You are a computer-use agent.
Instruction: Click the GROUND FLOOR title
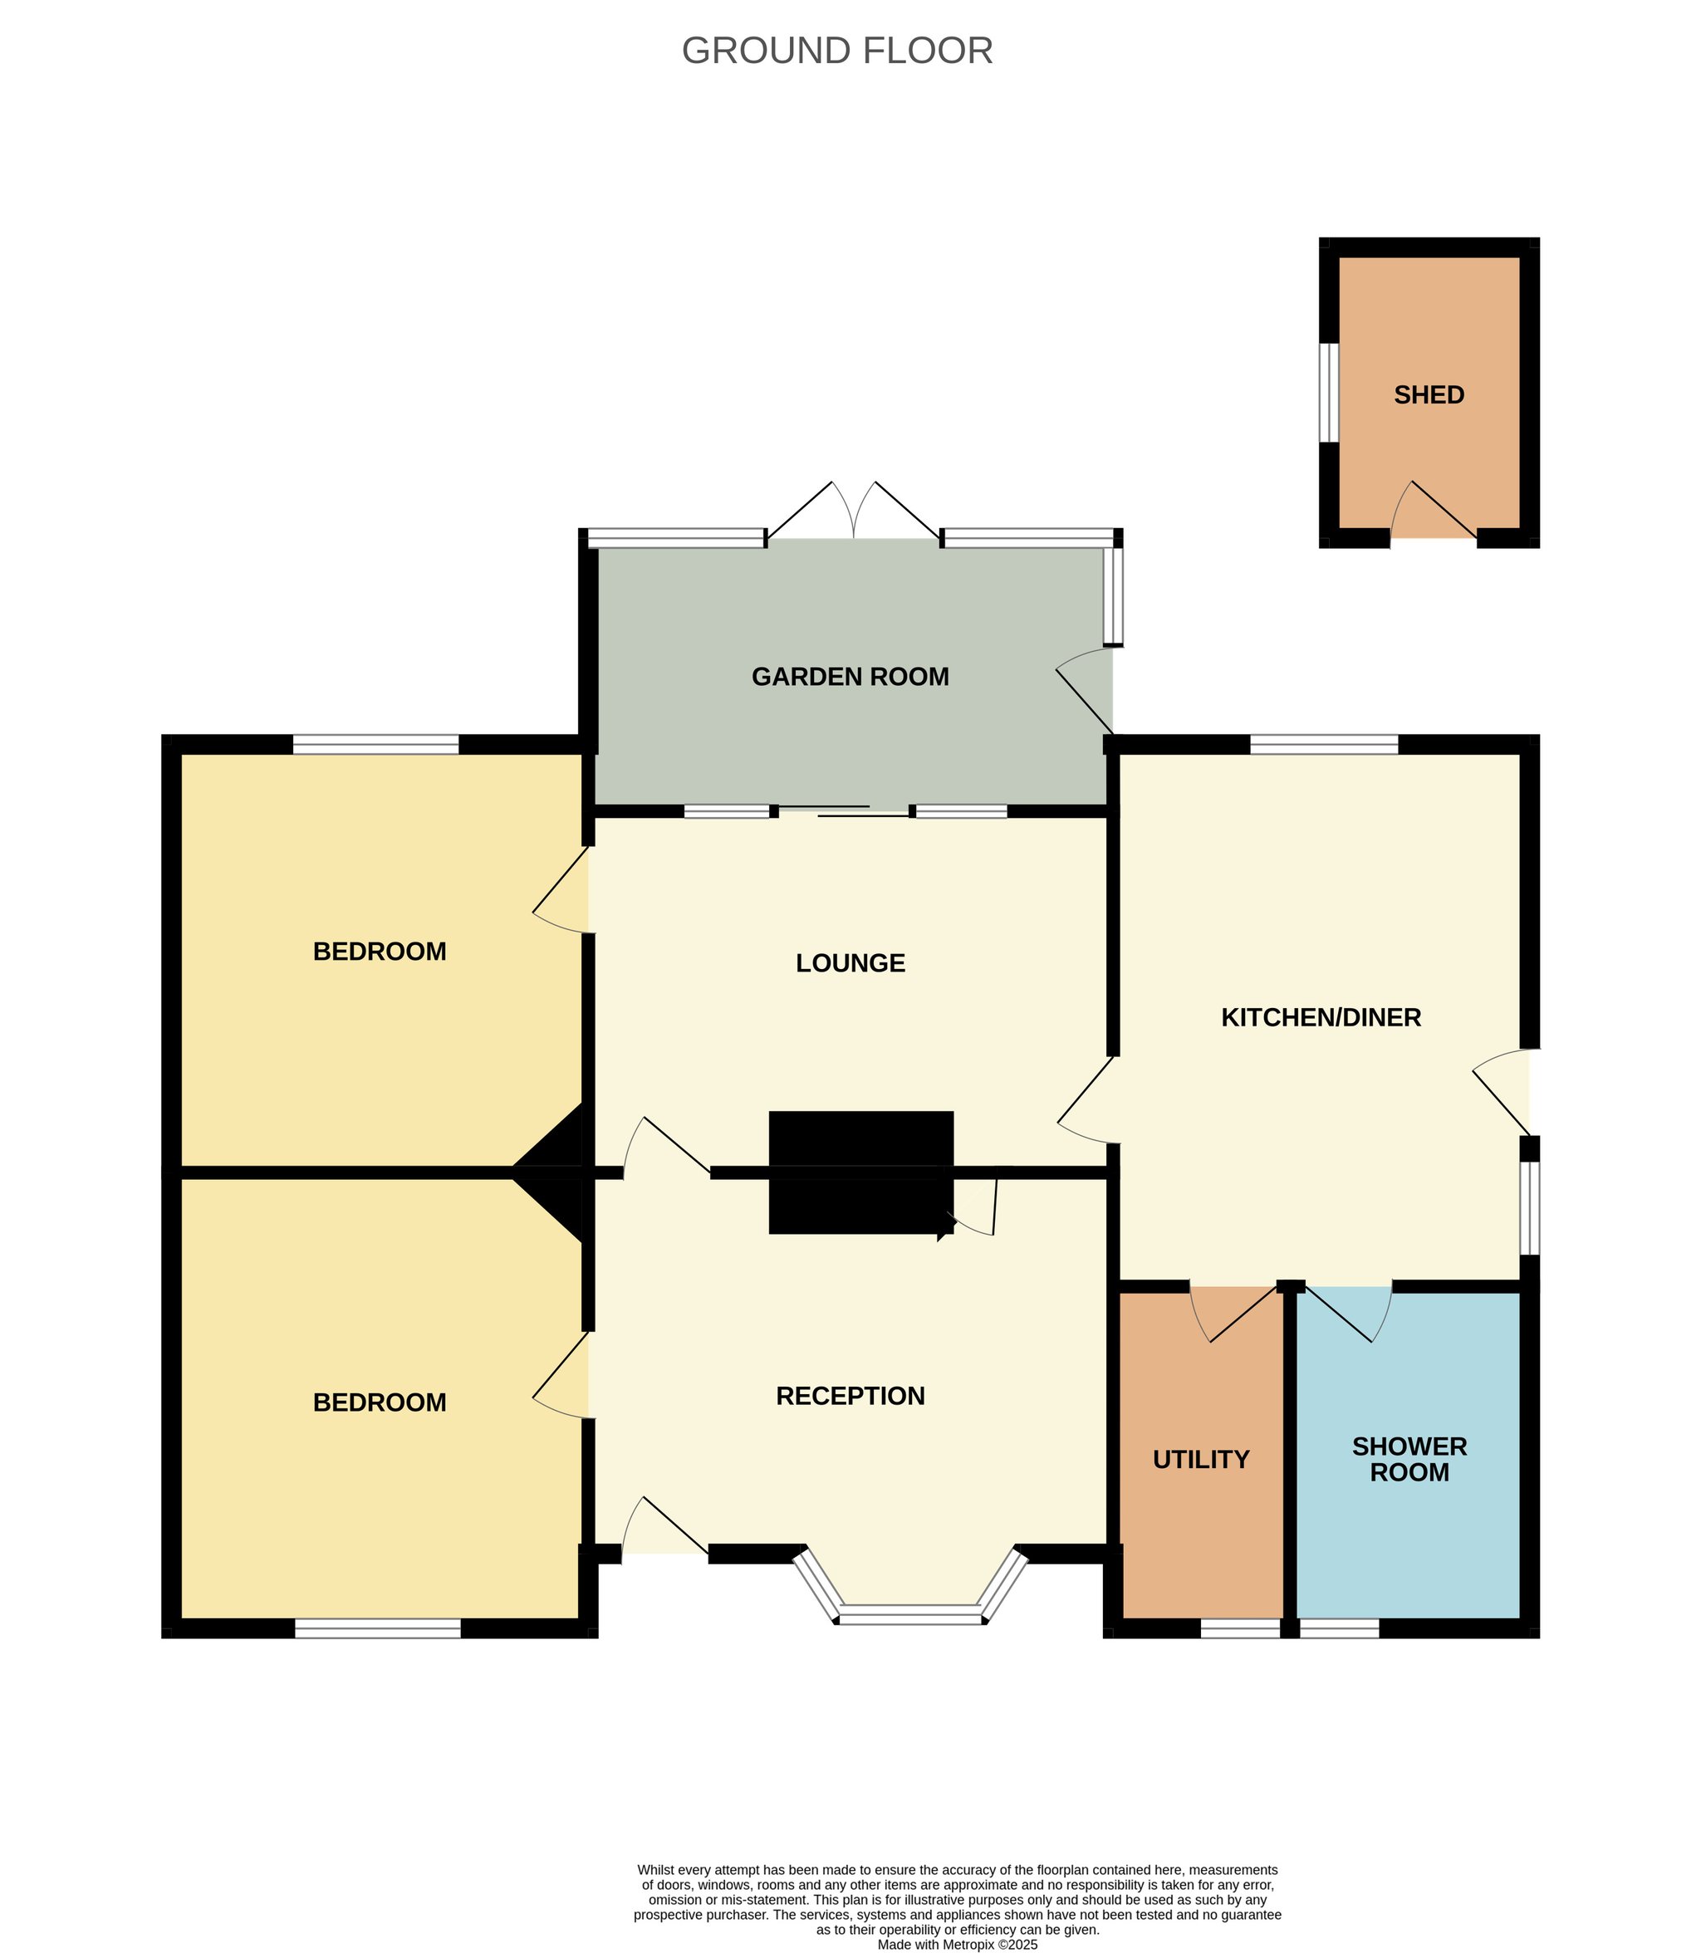(x=836, y=51)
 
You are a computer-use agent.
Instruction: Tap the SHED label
(x=1428, y=394)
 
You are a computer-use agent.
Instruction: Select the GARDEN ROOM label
(x=850, y=677)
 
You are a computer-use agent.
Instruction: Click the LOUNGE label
(x=850, y=963)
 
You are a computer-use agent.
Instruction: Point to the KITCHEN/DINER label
(x=1321, y=1017)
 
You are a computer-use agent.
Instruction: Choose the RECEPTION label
(x=850, y=1396)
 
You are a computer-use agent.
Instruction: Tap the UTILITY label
(x=1201, y=1460)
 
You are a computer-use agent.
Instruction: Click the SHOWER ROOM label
(x=1409, y=1460)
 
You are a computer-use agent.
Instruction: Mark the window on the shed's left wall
(x=1329, y=392)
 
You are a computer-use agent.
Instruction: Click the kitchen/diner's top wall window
(x=1324, y=745)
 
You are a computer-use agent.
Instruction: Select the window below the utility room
(x=1240, y=1628)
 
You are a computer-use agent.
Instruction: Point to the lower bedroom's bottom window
(x=378, y=1628)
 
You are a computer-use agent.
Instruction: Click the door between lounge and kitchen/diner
(x=1089, y=1100)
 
